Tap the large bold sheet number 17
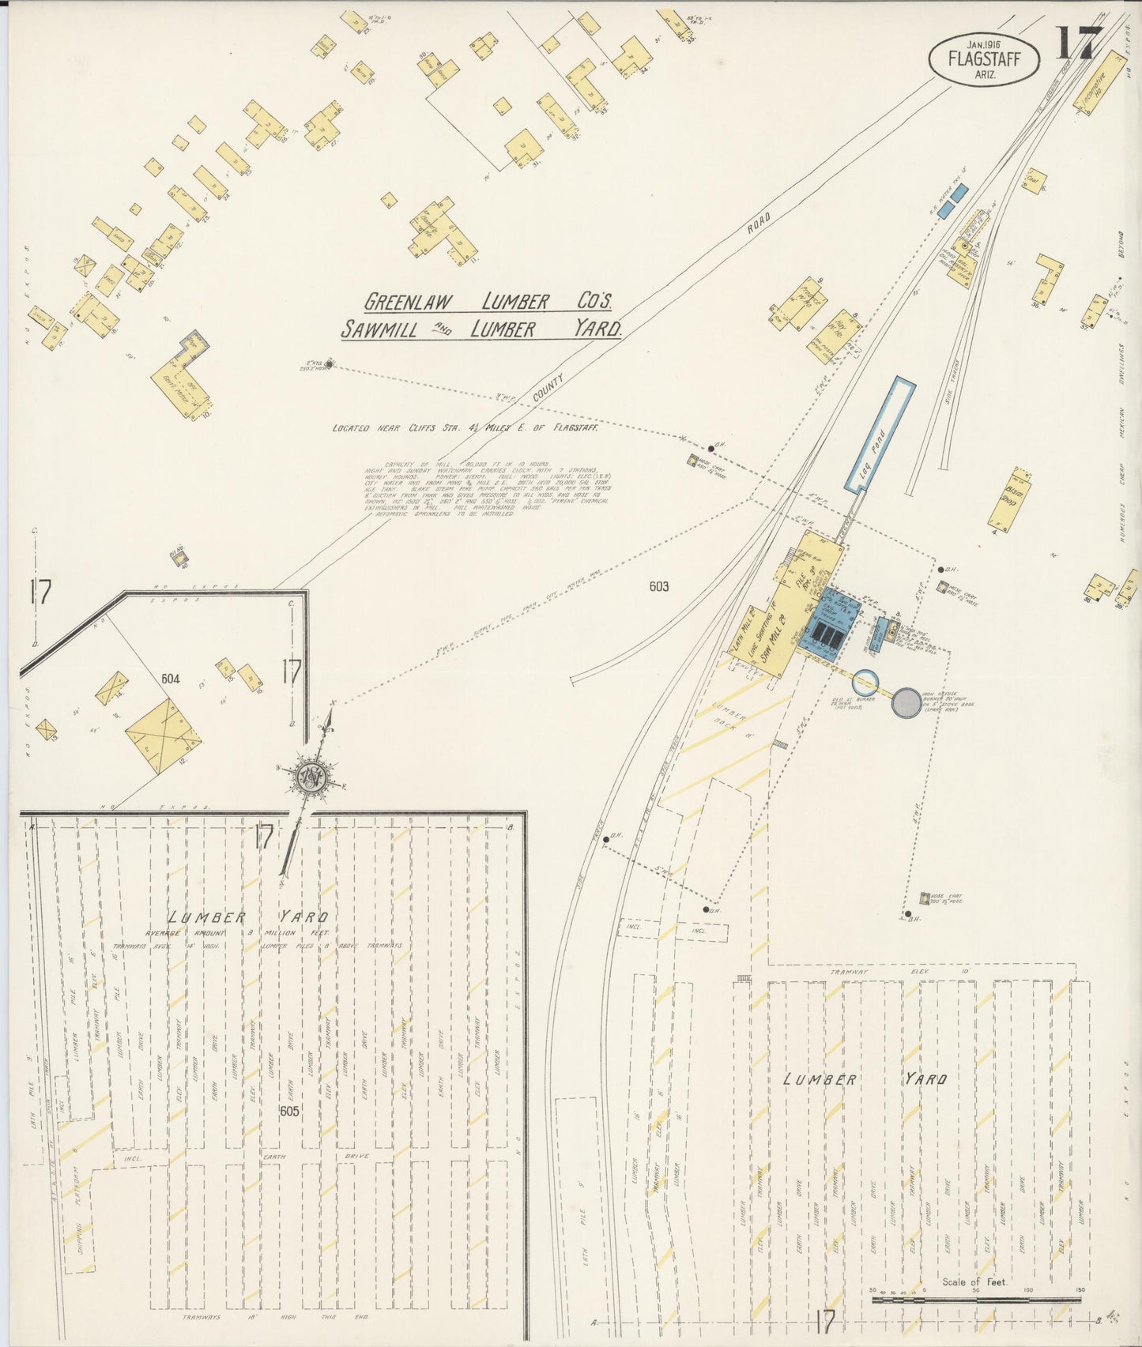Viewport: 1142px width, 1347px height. pos(1076,43)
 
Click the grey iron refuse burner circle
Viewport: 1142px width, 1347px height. pos(905,702)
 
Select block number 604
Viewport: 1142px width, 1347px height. pos(170,679)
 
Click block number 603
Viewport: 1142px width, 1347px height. pos(658,586)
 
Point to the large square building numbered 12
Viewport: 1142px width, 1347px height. pos(163,736)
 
